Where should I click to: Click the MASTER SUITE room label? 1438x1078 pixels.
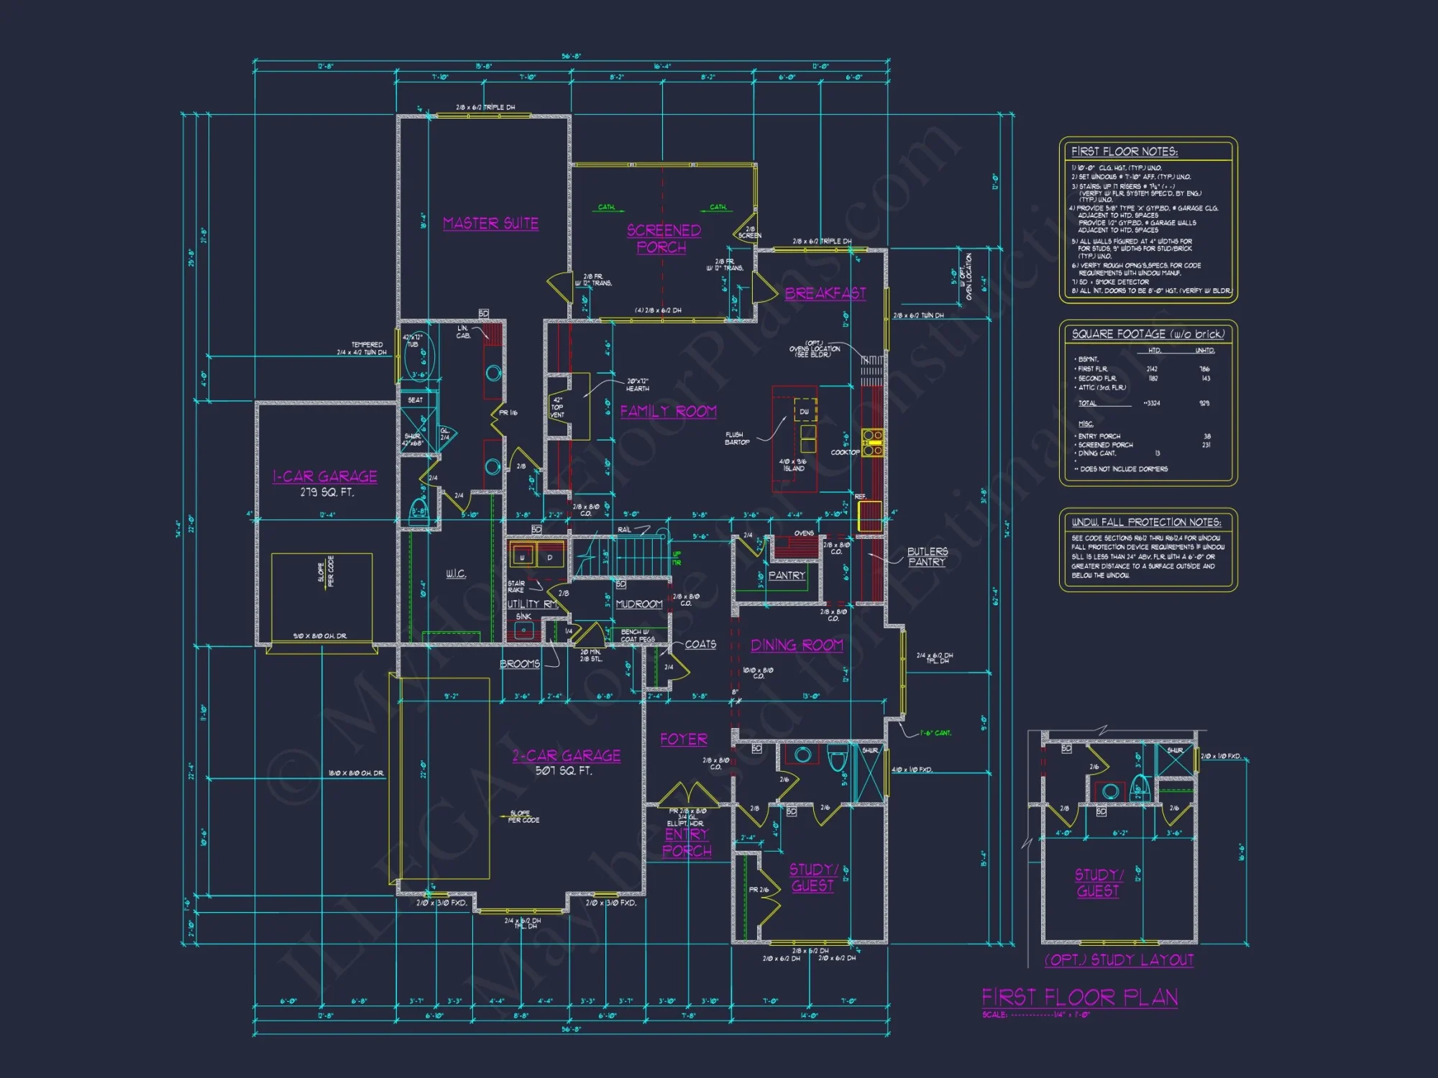tap(490, 224)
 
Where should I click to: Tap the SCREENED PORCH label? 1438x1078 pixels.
tap(663, 239)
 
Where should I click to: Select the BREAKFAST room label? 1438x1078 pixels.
tap(825, 293)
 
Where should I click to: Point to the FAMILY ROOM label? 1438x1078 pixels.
tap(668, 411)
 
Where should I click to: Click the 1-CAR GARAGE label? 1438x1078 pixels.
tap(325, 476)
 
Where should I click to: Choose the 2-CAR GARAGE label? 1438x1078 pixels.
tap(567, 755)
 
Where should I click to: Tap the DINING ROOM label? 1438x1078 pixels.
tap(797, 645)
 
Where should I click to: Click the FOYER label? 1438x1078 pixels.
tap(684, 740)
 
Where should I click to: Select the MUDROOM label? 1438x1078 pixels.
tap(639, 604)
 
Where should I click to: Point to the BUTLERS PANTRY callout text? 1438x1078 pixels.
tap(927, 557)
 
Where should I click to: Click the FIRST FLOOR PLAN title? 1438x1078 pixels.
tap(1079, 998)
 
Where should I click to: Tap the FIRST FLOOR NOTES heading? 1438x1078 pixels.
tap(1124, 152)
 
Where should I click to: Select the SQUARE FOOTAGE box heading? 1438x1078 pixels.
tap(1148, 334)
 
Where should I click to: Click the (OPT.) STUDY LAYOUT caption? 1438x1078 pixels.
tap(1119, 960)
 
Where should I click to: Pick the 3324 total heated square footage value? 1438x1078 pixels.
tap(1153, 403)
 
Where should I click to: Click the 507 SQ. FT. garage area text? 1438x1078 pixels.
tap(564, 770)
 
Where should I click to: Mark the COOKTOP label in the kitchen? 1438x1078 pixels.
tap(845, 452)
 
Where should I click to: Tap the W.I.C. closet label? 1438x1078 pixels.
tap(455, 573)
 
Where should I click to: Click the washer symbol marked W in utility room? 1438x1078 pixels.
tap(522, 557)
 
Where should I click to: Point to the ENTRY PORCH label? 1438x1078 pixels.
tap(687, 842)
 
